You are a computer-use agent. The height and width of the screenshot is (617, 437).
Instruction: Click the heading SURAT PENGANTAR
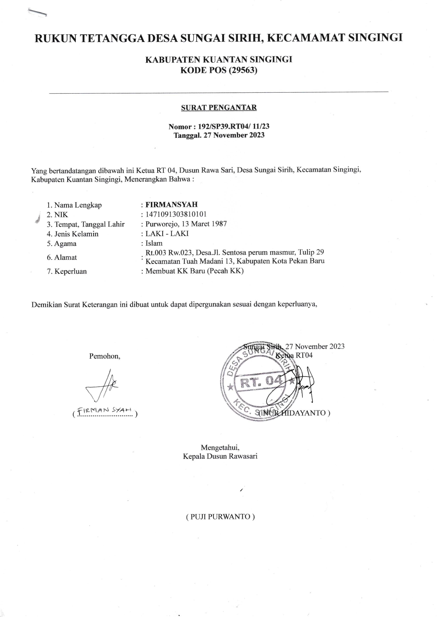click(219, 108)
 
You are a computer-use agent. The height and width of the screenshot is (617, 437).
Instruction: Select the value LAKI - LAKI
click(167, 233)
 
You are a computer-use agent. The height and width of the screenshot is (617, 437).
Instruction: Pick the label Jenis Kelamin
click(76, 234)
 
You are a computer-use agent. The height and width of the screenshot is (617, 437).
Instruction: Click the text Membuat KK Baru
click(175, 271)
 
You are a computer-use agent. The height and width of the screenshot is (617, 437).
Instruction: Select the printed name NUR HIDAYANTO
click(294, 413)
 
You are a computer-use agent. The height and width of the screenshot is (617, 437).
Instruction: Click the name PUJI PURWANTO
click(220, 517)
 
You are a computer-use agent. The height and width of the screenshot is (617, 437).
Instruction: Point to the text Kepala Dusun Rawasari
click(220, 456)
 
